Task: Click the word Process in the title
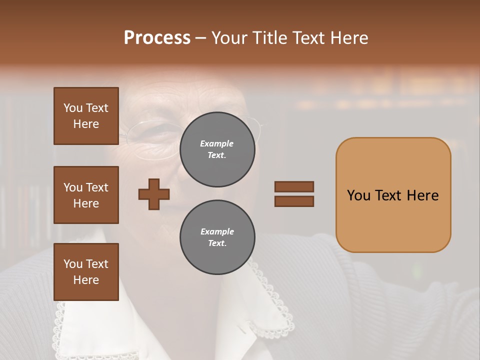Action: [157, 38]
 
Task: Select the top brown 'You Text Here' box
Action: [86, 116]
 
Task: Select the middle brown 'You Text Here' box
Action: [86, 195]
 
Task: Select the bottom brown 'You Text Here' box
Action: [86, 271]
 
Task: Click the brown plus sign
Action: [154, 194]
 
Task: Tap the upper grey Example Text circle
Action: [217, 149]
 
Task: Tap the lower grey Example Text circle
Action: [217, 237]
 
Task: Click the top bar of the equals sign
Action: [294, 186]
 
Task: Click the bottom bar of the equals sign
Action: [294, 201]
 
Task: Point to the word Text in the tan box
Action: [390, 195]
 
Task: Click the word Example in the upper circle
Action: [217, 144]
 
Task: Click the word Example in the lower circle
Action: [217, 232]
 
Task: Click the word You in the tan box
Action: [359, 195]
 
